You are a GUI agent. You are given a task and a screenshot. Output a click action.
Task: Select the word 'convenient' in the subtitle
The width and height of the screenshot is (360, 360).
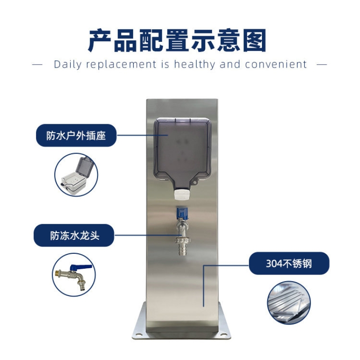[x=276, y=64]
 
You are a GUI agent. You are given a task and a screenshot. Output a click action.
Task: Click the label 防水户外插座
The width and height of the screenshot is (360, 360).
[x=76, y=135]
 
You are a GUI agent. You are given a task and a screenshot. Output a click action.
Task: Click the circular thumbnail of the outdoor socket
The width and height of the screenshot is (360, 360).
[x=76, y=175]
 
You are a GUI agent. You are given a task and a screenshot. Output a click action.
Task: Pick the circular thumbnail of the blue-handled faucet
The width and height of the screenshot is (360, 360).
[x=74, y=274]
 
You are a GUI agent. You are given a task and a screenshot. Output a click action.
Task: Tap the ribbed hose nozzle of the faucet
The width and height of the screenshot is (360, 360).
[x=182, y=246]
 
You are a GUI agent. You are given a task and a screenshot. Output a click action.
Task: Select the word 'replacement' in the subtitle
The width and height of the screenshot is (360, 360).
[x=120, y=64]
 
